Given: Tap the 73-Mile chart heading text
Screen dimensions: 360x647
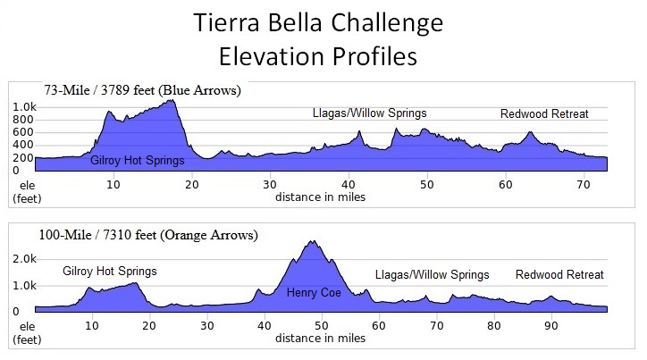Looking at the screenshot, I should (x=142, y=90).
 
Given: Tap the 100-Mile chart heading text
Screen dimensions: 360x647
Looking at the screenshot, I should (x=148, y=236).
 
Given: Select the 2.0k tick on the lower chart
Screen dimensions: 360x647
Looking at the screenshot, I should (x=24, y=257).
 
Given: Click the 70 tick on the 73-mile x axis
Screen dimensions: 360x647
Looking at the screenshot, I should (x=583, y=184).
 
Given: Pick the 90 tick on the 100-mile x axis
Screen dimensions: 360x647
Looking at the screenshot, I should (x=551, y=326).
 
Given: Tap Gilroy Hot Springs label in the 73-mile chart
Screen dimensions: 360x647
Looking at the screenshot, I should (x=138, y=161).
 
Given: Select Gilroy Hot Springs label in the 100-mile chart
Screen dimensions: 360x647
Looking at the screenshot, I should (x=109, y=272).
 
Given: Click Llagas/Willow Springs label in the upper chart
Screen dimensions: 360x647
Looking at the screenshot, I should (x=369, y=113).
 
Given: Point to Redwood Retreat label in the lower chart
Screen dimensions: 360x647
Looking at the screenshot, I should (x=559, y=275).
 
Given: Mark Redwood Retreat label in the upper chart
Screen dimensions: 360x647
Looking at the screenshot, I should (x=544, y=113).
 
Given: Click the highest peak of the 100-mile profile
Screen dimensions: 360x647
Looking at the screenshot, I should (x=312, y=242).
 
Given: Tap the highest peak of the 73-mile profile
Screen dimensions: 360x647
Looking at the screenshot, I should (x=170, y=101).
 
